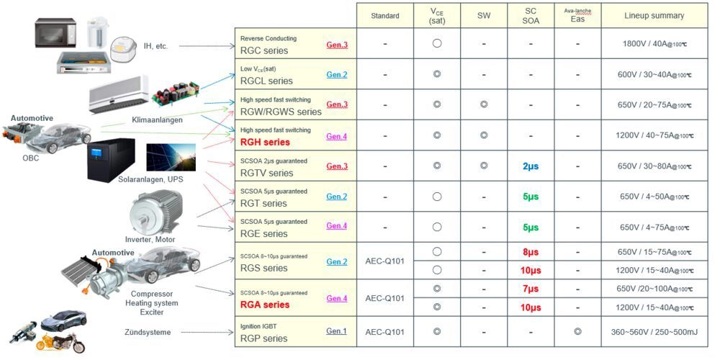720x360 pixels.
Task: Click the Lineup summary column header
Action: pyautogui.click(x=654, y=15)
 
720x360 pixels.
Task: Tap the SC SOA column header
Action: pyautogui.click(x=530, y=15)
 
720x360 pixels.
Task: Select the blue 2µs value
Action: pyautogui.click(x=530, y=166)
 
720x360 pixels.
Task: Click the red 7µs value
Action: pyautogui.click(x=530, y=289)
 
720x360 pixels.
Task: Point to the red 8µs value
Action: pyautogui.click(x=530, y=253)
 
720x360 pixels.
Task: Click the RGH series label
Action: pyautogui.click(x=264, y=143)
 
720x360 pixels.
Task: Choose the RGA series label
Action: pyautogui.click(x=264, y=305)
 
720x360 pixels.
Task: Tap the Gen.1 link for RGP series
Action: pyautogui.click(x=336, y=331)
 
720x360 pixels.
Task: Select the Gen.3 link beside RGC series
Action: pyautogui.click(x=336, y=45)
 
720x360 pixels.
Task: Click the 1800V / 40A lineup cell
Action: pyautogui.click(x=654, y=44)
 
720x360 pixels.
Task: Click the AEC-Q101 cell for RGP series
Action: pyautogui.click(x=385, y=332)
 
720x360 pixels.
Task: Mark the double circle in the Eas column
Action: pyautogui.click(x=577, y=331)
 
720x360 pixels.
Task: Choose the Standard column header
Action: pyautogui.click(x=385, y=15)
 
